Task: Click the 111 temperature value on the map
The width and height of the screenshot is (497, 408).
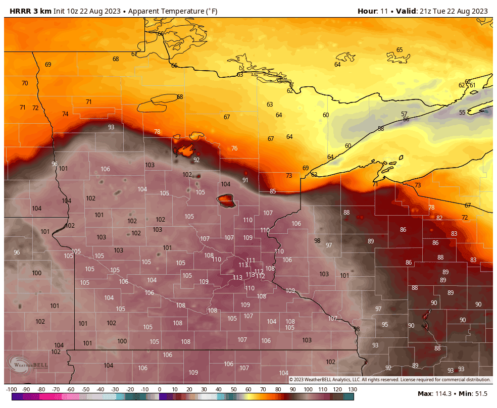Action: pos(251,261)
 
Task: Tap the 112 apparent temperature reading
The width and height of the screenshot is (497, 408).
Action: pos(260,276)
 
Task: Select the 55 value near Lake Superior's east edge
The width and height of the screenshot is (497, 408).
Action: pos(462,113)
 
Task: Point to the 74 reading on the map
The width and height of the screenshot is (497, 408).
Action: pos(65,114)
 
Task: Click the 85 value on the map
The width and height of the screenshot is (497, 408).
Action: pos(273,191)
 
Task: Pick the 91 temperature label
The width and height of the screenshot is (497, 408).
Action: pos(245,180)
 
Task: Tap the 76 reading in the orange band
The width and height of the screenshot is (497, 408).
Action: pos(234,148)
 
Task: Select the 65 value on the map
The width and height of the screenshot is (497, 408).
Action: pos(400,50)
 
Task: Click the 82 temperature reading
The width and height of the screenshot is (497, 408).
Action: pos(439,218)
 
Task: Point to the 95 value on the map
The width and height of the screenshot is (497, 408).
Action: pos(385,325)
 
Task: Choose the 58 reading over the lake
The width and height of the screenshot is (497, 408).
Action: pos(381,129)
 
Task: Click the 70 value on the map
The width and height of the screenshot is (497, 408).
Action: pos(25,83)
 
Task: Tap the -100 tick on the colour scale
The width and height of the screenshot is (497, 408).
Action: pos(12,389)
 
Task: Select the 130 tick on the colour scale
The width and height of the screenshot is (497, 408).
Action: pos(352,389)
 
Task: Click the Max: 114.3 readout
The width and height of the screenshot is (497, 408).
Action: pos(435,393)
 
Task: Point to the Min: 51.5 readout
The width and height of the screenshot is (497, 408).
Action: pos(474,393)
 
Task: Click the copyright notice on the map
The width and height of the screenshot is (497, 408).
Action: pos(389,380)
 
